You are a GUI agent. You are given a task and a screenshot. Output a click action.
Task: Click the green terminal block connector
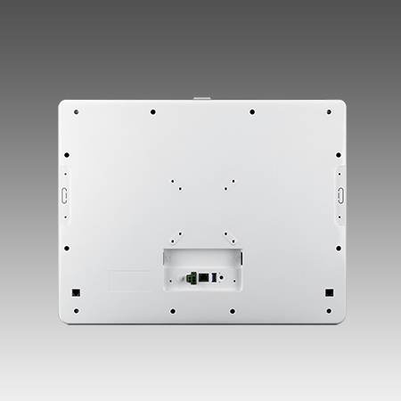pos(191,278)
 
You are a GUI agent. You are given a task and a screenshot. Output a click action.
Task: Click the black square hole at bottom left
pos(76,292)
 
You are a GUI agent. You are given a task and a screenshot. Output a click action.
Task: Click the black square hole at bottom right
pos(328,292)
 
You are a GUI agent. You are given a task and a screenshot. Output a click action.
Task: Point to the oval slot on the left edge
pos(64,195)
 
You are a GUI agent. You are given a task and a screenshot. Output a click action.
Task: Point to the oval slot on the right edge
pos(340,194)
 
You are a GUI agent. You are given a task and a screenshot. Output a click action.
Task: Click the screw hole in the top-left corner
pos(76,112)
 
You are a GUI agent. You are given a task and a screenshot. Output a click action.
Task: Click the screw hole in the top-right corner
pos(328,112)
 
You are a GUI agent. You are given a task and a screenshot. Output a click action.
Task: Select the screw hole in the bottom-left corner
pos(76,311)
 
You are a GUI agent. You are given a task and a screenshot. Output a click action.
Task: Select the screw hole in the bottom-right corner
pos(328,311)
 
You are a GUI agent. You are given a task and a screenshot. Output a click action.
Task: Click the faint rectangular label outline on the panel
pos(129,281)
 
